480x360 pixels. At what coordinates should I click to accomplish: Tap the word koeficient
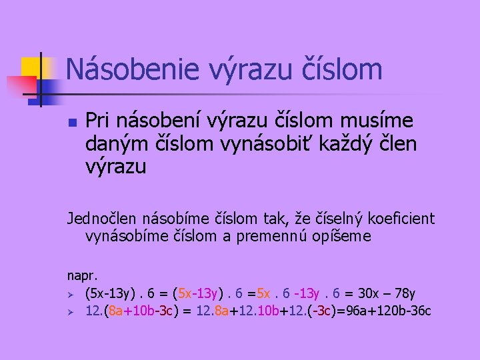coord(397,218)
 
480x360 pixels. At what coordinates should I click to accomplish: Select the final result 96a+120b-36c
coord(385,311)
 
